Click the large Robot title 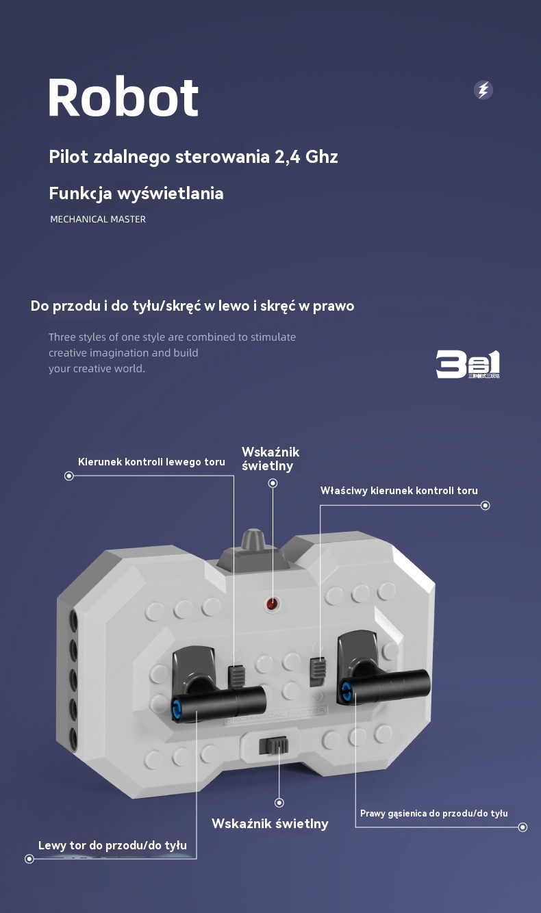point(123,97)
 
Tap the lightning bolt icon point(483,90)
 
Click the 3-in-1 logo point(468,364)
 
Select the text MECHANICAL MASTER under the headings point(98,219)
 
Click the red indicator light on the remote point(272,604)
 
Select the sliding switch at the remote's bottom point(274,745)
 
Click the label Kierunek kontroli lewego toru point(151,462)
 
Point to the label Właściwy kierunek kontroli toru point(399,491)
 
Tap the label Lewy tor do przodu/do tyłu point(112,845)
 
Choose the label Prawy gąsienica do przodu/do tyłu point(434,813)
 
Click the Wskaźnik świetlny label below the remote point(270,823)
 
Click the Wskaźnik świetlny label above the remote point(270,459)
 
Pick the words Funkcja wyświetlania point(136,194)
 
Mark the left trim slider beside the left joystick point(236,676)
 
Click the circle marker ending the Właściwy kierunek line point(486,506)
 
